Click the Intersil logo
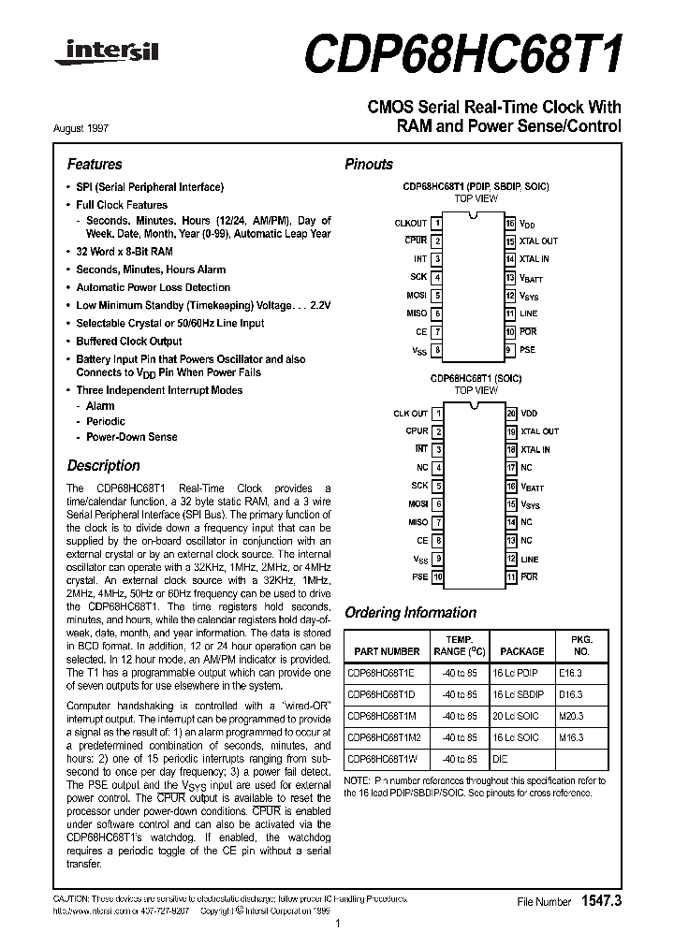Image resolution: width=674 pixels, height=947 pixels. click(x=106, y=54)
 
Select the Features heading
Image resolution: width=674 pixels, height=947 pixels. click(x=95, y=164)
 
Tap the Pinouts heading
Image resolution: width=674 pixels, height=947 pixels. click(x=369, y=164)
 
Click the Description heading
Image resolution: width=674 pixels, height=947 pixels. click(x=103, y=465)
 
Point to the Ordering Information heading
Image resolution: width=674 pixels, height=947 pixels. click(x=410, y=613)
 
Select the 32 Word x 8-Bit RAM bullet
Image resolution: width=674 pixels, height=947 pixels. click(x=124, y=252)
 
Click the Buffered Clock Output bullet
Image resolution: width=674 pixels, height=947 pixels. click(x=129, y=342)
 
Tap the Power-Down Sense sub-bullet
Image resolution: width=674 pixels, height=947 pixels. click(x=131, y=437)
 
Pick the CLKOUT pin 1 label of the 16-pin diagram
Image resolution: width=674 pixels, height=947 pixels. click(x=411, y=224)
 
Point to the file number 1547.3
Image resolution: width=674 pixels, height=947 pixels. click(x=601, y=900)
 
